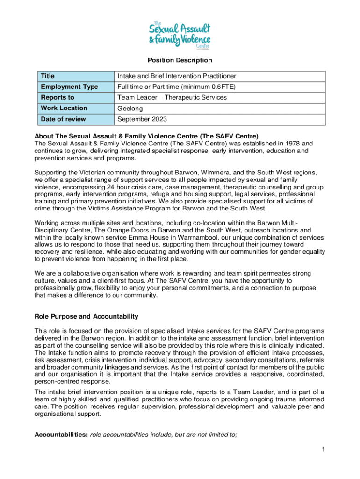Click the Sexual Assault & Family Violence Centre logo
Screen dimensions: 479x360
point(180,34)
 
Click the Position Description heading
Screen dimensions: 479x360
point(180,60)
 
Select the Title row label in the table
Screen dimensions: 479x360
point(48,76)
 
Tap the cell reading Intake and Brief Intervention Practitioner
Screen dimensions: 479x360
point(177,76)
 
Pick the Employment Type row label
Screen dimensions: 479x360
point(69,87)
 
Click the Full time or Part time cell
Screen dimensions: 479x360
point(176,87)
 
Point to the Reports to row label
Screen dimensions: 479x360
point(58,97)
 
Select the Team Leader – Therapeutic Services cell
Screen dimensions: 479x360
point(172,97)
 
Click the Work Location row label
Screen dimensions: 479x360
point(64,108)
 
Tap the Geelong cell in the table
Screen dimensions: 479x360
point(130,109)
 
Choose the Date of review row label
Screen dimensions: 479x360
point(63,119)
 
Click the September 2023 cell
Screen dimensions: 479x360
point(142,119)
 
